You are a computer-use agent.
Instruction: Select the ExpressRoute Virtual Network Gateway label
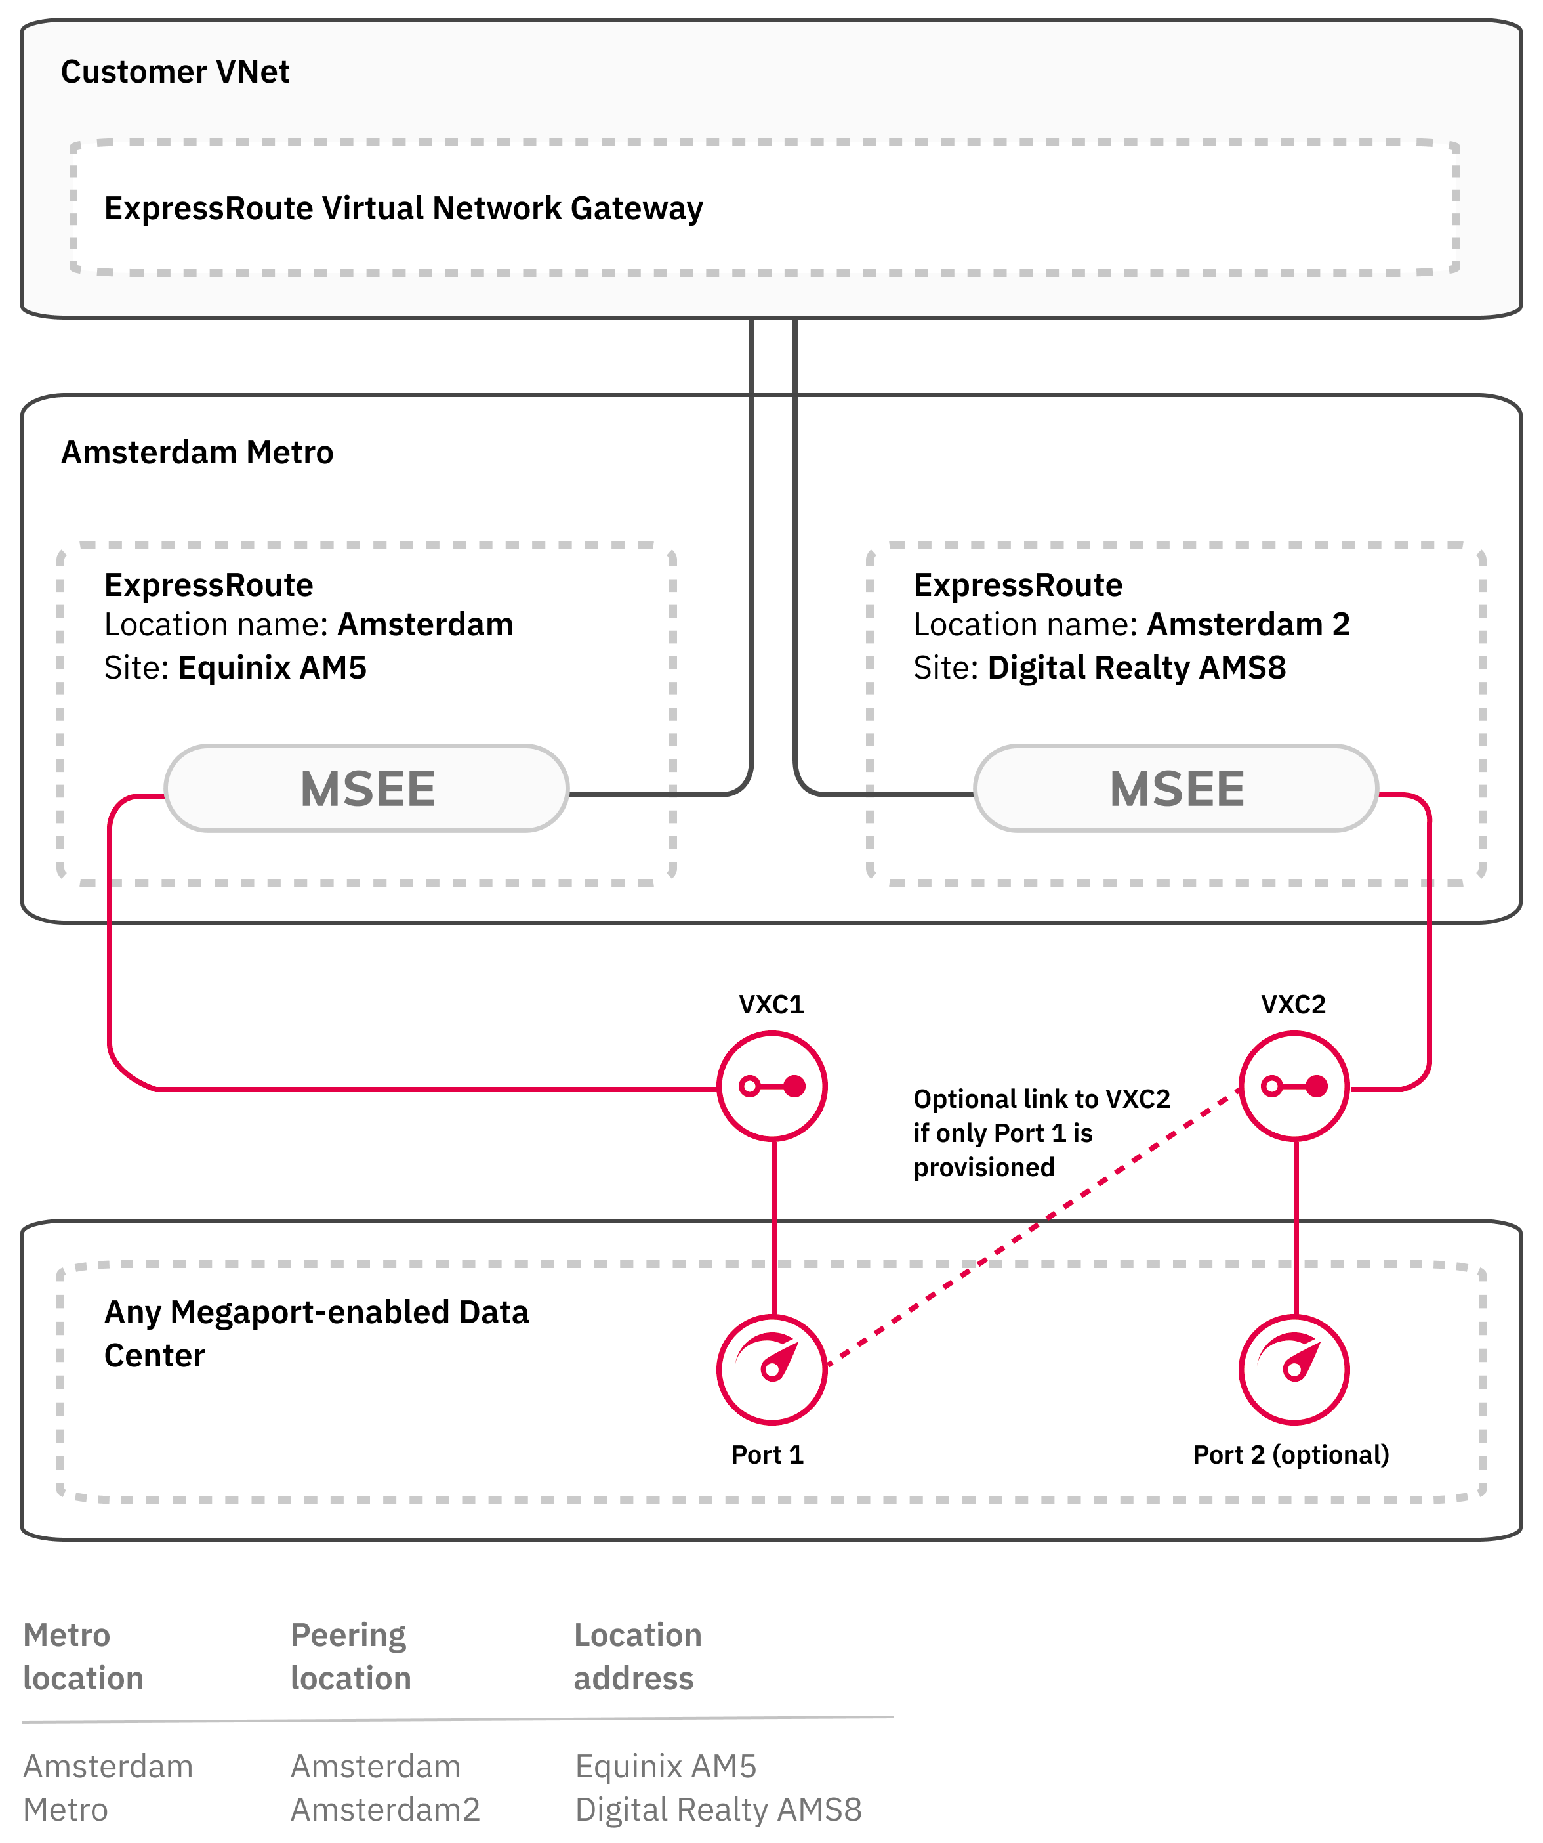click(x=403, y=209)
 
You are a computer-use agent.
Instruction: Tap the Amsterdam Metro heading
click(x=197, y=453)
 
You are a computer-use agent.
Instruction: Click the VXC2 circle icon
click(x=1293, y=1086)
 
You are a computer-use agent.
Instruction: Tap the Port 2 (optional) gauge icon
click(x=1293, y=1369)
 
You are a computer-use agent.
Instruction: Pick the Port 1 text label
click(x=767, y=1455)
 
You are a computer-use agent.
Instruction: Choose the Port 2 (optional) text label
click(x=1290, y=1455)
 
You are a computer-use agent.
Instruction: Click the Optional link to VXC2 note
click(x=1040, y=1133)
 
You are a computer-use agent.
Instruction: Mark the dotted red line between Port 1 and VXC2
click(x=1035, y=1227)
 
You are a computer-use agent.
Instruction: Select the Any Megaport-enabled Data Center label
click(x=316, y=1334)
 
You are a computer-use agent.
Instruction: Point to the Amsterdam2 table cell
click(x=385, y=1810)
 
